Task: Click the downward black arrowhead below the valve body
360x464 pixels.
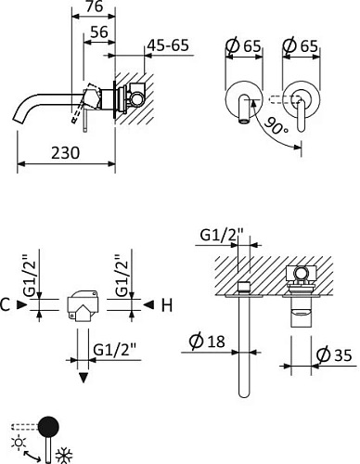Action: pos(83,378)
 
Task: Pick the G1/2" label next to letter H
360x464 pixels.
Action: pos(122,274)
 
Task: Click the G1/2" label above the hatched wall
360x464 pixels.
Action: pos(221,236)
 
